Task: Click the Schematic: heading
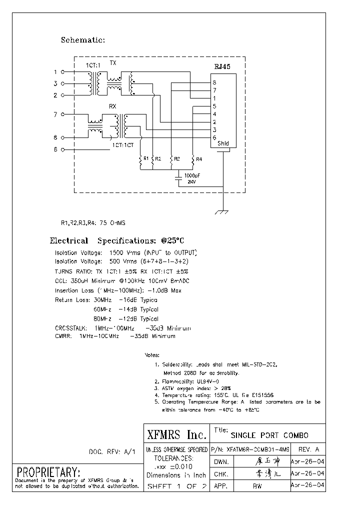coord(82,40)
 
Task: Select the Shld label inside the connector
coord(223,143)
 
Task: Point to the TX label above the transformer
coord(113,63)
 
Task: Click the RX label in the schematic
coord(113,106)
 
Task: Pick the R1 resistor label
coord(146,158)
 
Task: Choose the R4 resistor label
coord(198,159)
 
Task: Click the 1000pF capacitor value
coord(192,176)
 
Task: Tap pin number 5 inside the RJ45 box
coord(214,106)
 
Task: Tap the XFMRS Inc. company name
coord(175,433)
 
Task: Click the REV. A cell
coord(308,449)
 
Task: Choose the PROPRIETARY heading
coord(48,472)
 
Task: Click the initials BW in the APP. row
coord(257,485)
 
